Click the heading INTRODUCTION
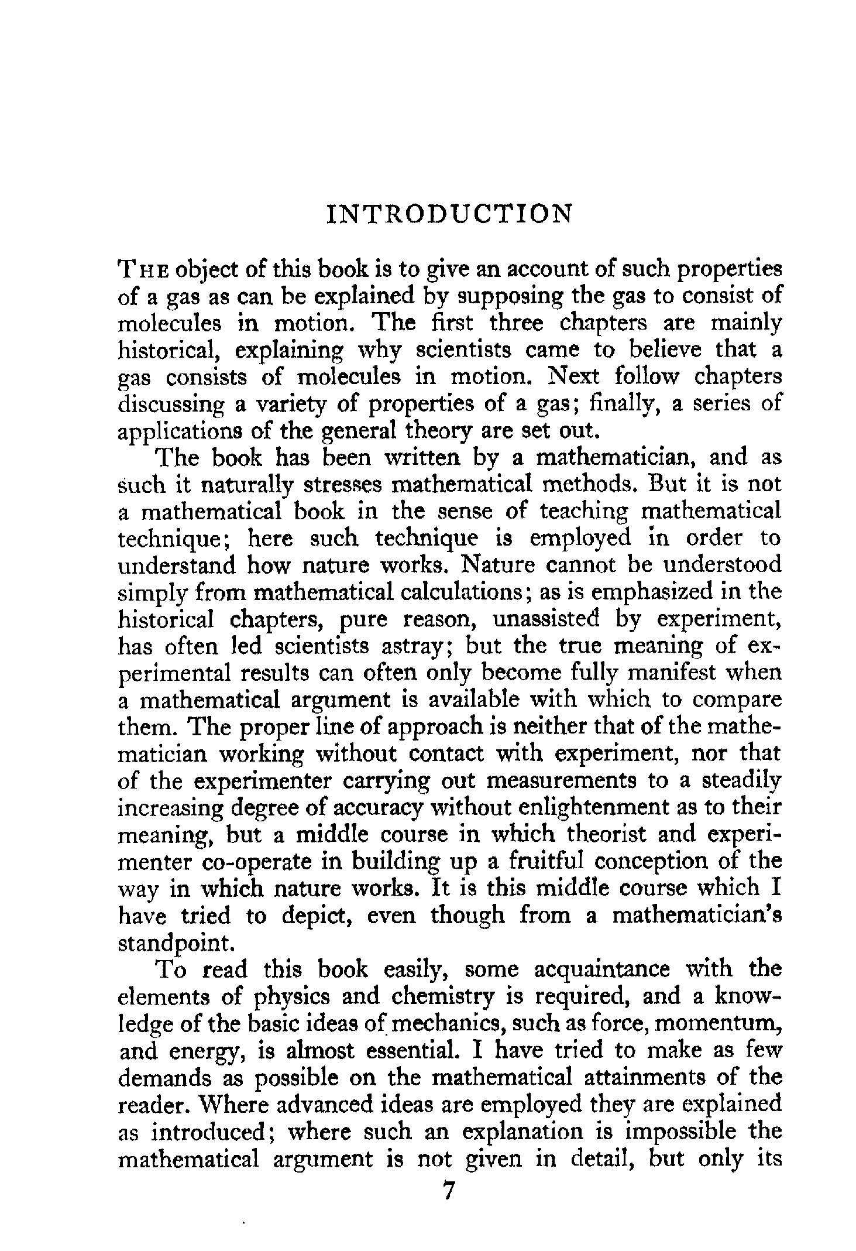[x=448, y=215]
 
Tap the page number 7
[x=449, y=1191]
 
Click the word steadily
[x=740, y=781]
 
